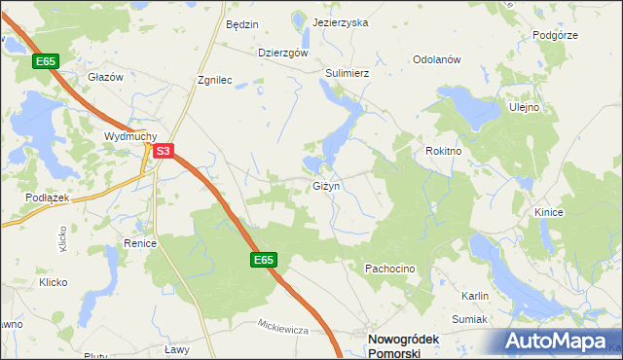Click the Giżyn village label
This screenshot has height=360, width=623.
(324, 185)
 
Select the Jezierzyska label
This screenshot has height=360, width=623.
(341, 22)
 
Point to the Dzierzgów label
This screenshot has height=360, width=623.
(283, 54)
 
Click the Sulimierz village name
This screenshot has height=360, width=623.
(348, 72)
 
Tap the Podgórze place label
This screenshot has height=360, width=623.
(556, 35)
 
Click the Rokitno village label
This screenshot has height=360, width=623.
(443, 152)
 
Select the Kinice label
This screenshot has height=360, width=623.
(549, 211)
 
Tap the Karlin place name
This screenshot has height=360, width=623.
(475, 295)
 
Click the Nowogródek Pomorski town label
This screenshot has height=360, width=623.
(394, 344)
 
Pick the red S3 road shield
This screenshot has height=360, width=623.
(165, 151)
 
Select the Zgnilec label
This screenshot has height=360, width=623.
(214, 81)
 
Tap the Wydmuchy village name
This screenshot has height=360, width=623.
(129, 137)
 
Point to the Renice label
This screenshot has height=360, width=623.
(140, 243)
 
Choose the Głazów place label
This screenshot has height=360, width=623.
(104, 77)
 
